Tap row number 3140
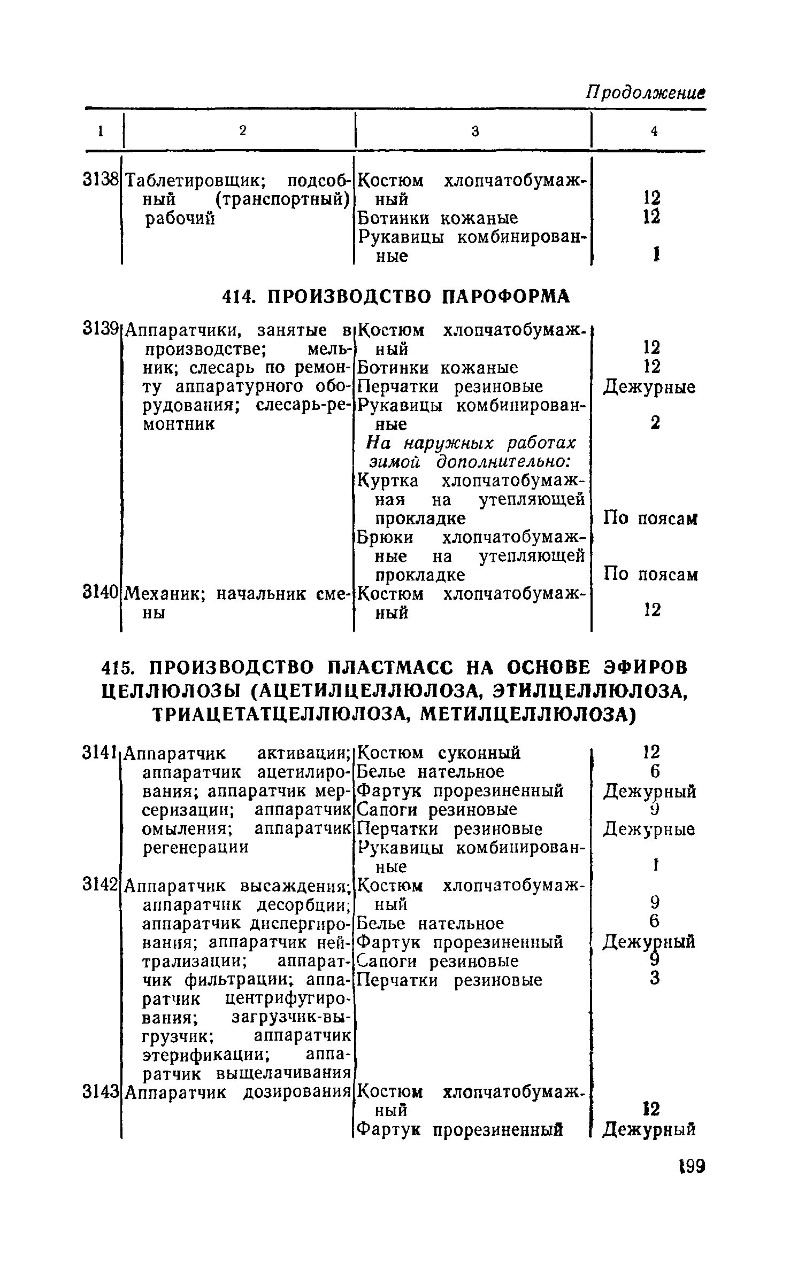[x=100, y=592]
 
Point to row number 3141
[x=100, y=753]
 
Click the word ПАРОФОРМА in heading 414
[x=507, y=296]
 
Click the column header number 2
[x=243, y=131]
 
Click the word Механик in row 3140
[x=164, y=593]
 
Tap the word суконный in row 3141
[x=479, y=753]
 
